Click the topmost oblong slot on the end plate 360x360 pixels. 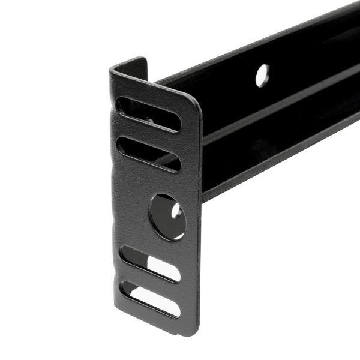pos(148,115)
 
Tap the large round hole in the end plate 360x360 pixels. pos(167,217)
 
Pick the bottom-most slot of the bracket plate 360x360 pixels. pos(150,299)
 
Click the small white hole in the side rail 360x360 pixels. pos(262,76)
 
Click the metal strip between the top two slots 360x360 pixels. pos(149,134)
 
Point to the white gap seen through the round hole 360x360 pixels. pos(176,211)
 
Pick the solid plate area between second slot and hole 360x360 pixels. pos(150,180)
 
